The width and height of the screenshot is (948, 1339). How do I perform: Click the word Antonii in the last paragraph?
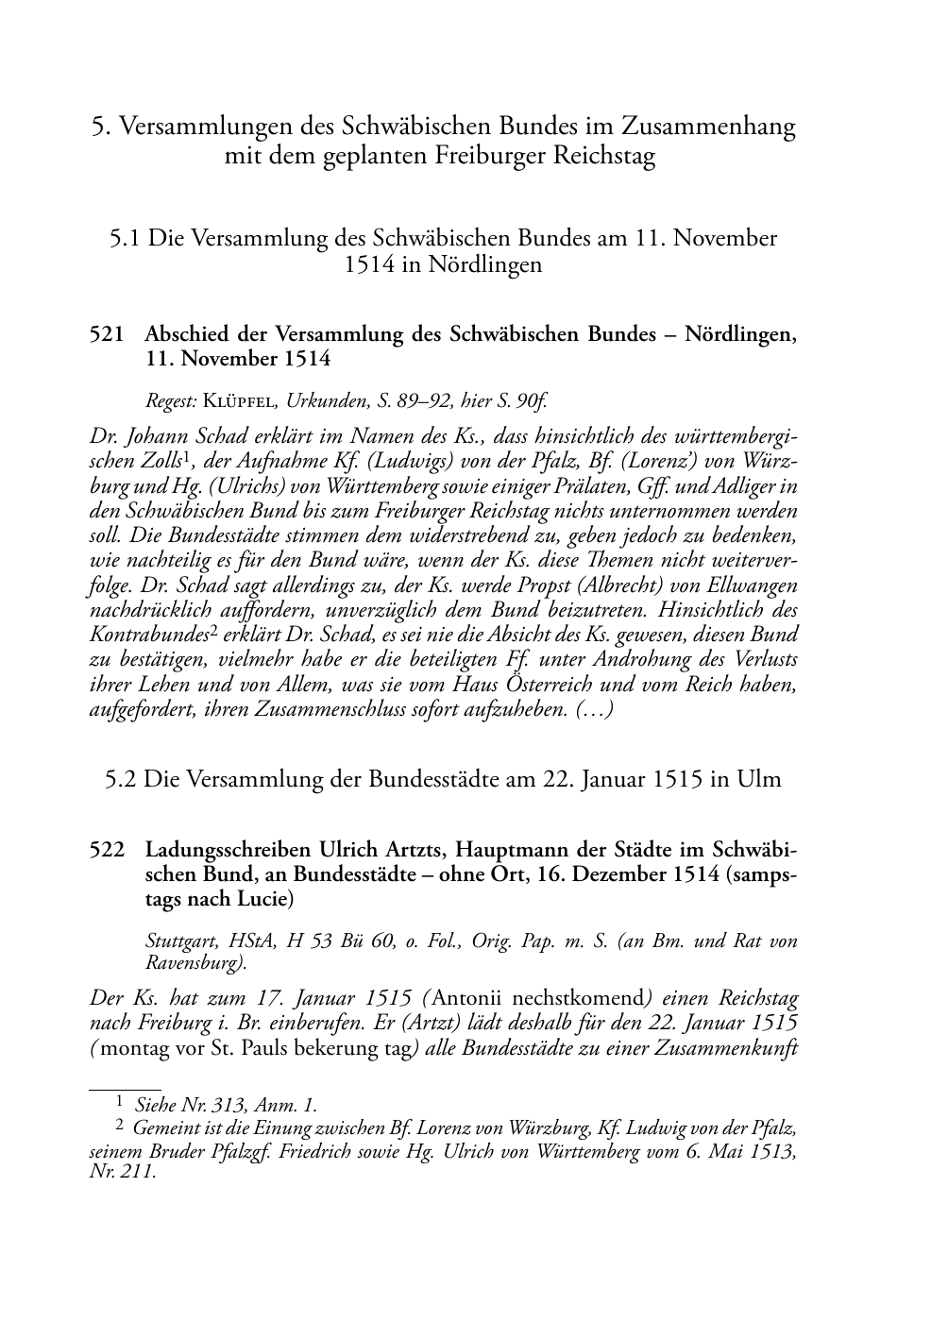pos(469,998)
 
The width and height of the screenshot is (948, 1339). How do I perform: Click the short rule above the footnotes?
pos(124,1088)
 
